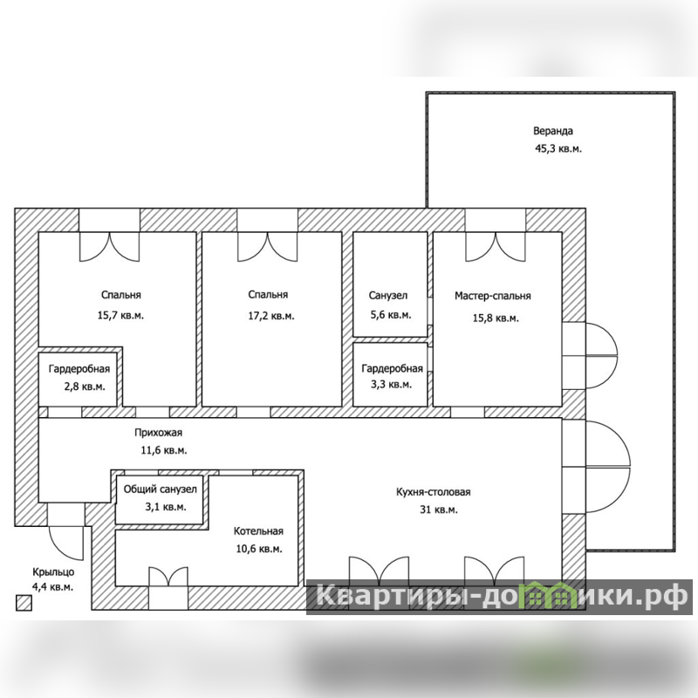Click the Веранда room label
pyautogui.click(x=553, y=131)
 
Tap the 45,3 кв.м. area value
pyautogui.click(x=558, y=148)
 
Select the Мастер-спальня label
pyautogui.click(x=492, y=296)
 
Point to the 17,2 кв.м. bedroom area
pyautogui.click(x=271, y=316)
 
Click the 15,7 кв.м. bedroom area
pyautogui.click(x=120, y=315)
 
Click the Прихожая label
pyautogui.click(x=158, y=432)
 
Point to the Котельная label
pyautogui.click(x=258, y=531)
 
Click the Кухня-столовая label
pyautogui.click(x=433, y=492)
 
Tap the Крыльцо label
pyautogui.click(x=53, y=572)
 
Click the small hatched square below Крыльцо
pyautogui.click(x=24, y=603)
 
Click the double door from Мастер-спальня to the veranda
pyautogui.click(x=591, y=356)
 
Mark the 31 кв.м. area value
pyautogui.click(x=439, y=510)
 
